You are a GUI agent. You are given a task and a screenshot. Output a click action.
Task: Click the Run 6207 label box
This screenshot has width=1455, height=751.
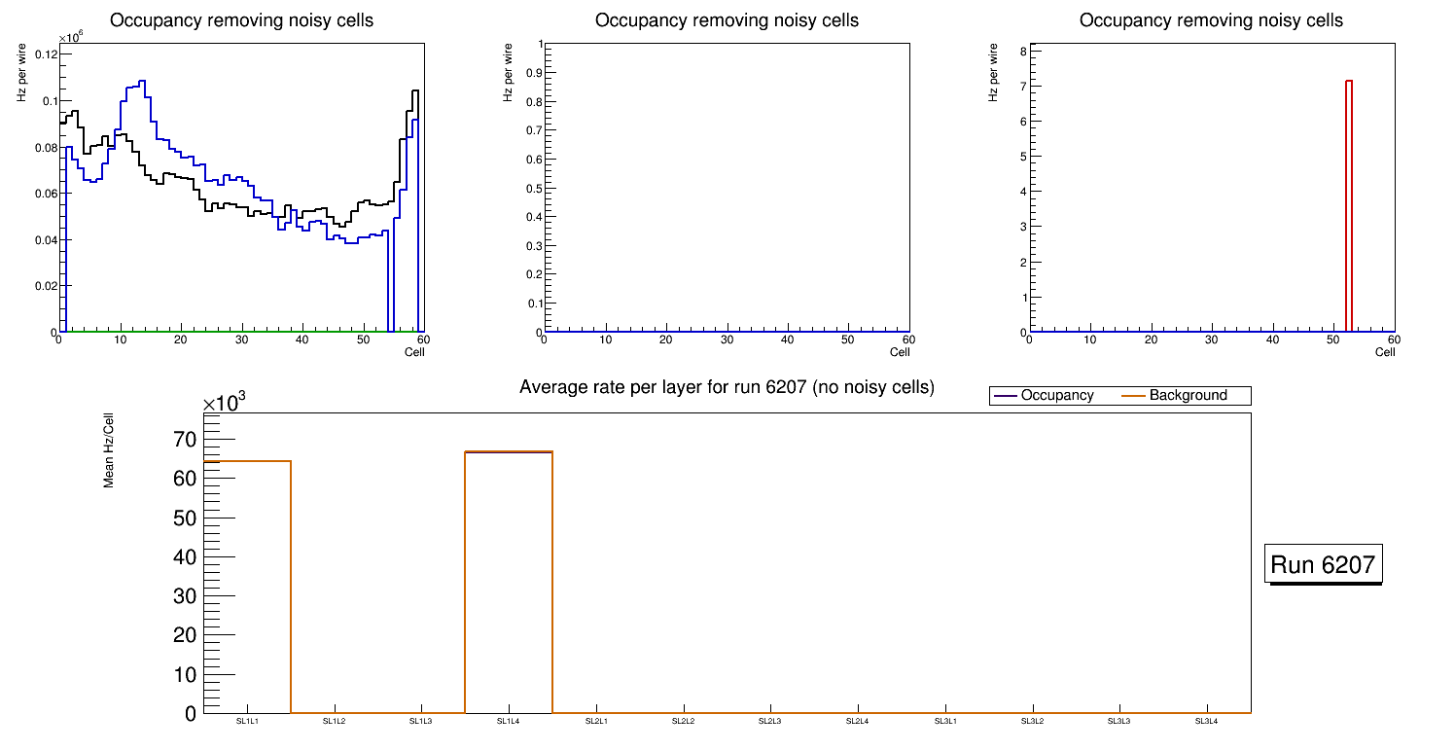[1323, 564]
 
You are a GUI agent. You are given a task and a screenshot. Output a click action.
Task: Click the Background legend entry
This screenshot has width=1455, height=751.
[1188, 396]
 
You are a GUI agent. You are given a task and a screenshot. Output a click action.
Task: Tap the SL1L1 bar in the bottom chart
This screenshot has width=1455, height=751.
[248, 584]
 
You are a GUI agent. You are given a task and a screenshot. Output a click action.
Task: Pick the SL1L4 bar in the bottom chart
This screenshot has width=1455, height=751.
[509, 584]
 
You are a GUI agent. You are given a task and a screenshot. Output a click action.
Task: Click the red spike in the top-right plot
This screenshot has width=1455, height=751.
[1349, 204]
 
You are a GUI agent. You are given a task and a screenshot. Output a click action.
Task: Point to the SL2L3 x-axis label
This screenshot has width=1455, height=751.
[770, 721]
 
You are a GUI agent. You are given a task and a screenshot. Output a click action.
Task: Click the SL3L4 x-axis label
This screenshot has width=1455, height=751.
[1206, 721]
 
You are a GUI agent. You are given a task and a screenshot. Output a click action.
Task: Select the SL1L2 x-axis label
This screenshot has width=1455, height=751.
[335, 721]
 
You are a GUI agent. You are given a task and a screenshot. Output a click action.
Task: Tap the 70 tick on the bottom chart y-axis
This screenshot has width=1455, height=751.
[185, 440]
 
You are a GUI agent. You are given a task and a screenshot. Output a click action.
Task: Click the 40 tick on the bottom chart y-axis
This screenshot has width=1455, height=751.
[185, 557]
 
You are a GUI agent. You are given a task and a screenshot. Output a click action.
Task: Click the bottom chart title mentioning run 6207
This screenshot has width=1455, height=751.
[727, 387]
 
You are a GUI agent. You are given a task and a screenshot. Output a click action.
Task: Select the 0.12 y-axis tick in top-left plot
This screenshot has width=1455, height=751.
[44, 54]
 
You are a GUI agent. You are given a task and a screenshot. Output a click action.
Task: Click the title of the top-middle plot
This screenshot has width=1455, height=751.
[727, 20]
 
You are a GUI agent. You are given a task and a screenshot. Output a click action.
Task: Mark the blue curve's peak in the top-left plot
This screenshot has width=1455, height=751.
[142, 82]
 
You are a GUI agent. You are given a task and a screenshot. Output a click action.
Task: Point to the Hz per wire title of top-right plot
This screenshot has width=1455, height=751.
[993, 71]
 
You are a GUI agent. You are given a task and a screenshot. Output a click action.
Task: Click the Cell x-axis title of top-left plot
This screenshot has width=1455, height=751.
[414, 352]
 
